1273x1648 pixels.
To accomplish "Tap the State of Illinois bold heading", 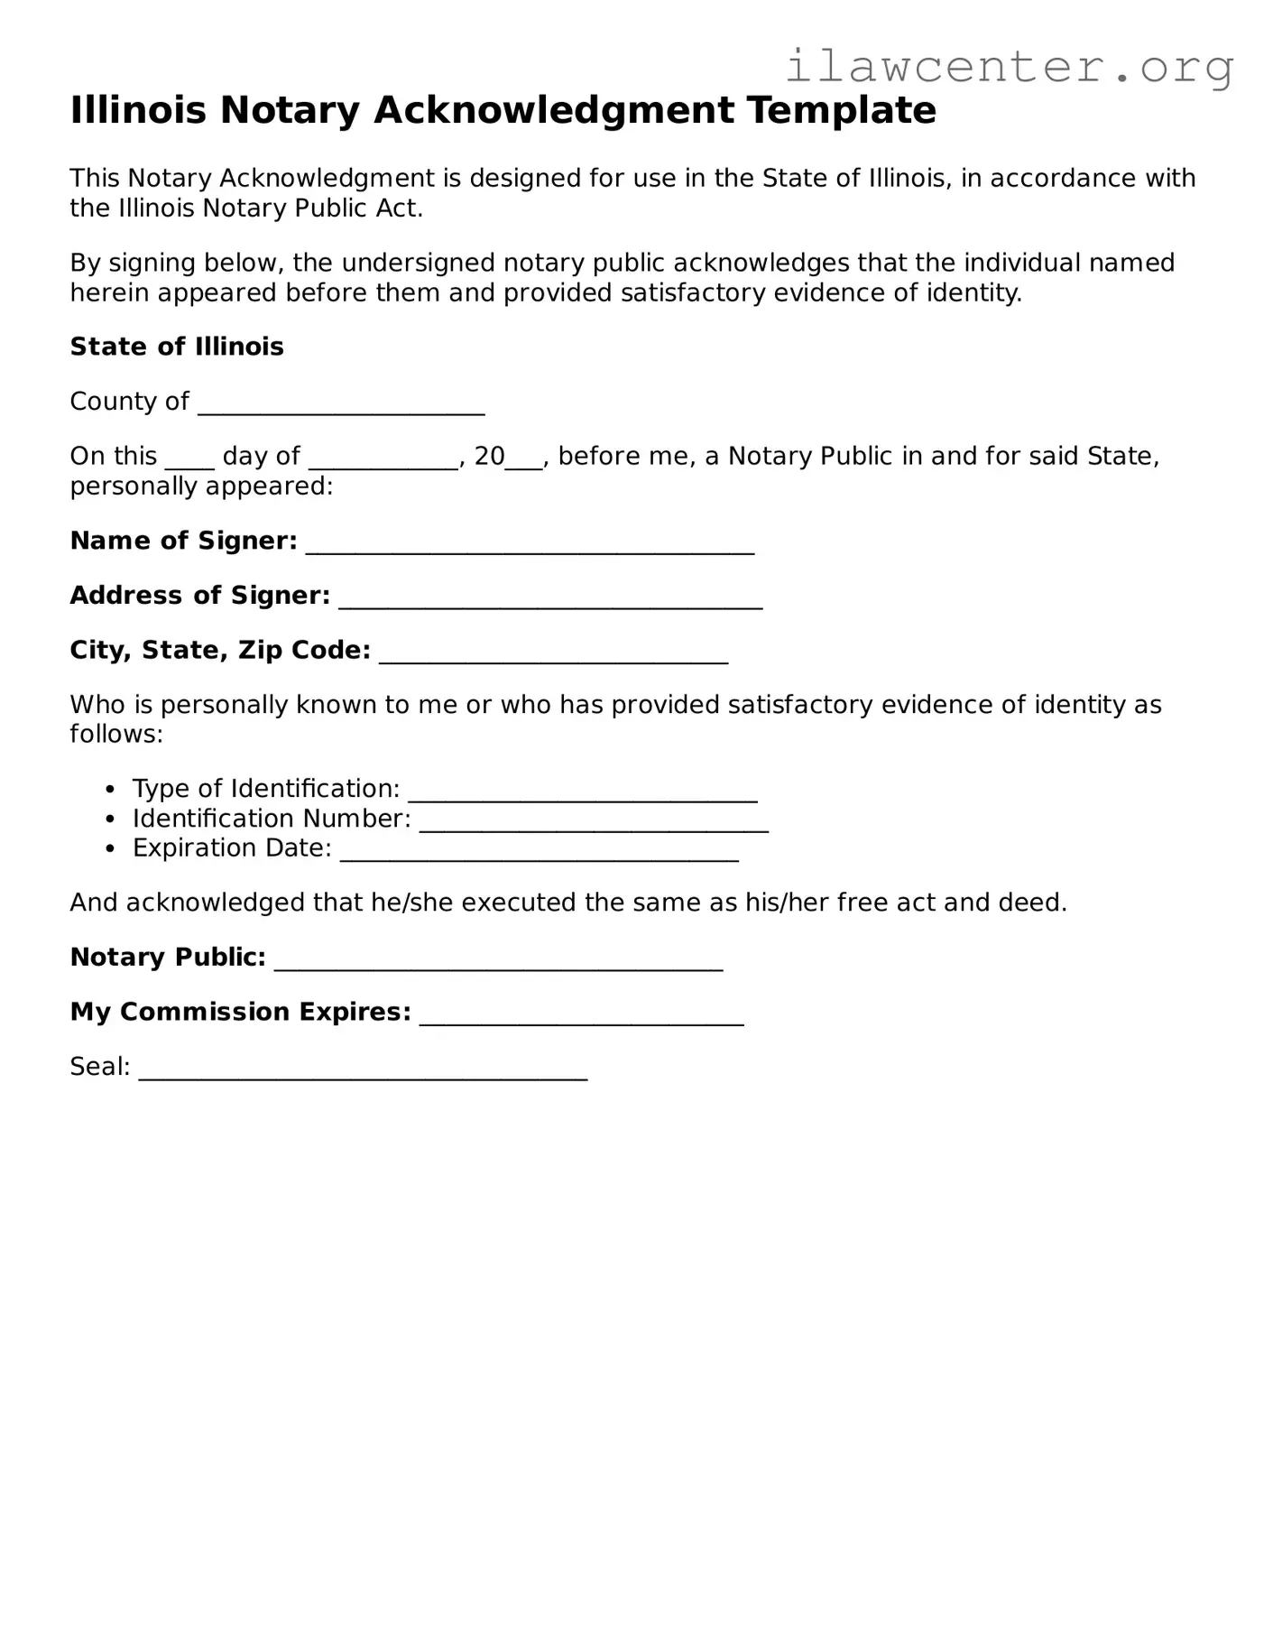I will (177, 347).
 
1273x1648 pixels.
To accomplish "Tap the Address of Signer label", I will (199, 596).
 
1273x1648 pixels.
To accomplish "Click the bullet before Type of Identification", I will (110, 790).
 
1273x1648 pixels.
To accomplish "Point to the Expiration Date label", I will (232, 848).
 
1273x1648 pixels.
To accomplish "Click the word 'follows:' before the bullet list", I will (116, 734).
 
